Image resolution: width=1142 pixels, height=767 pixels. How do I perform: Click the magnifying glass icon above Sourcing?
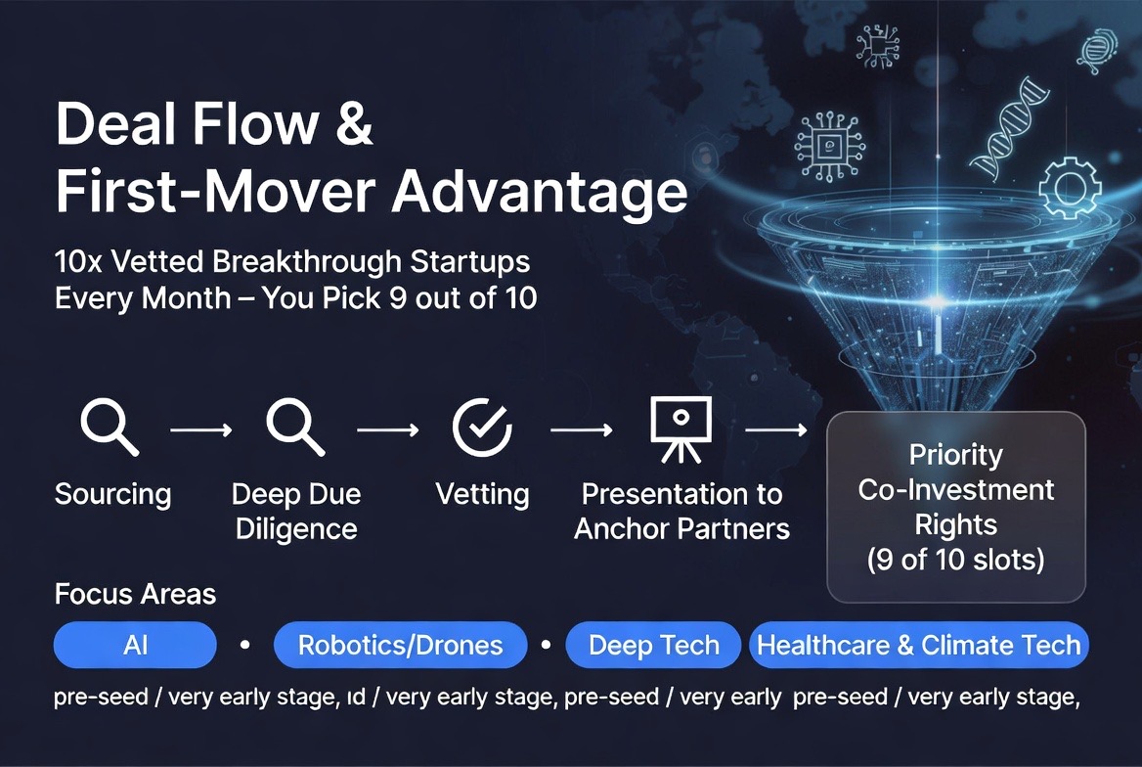pyautogui.click(x=110, y=427)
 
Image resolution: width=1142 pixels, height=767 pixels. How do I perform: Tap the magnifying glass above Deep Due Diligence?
pyautogui.click(x=295, y=427)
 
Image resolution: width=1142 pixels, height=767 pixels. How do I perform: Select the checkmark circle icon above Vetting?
pyautogui.click(x=483, y=428)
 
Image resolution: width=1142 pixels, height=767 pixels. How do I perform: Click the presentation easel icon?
pyautogui.click(x=681, y=429)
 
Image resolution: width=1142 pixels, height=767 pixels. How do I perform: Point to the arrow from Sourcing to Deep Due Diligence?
pyautogui.click(x=201, y=430)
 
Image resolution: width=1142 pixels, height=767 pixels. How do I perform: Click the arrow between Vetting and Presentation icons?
pyautogui.click(x=581, y=430)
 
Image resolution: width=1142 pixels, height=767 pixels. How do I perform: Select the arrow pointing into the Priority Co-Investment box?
pyautogui.click(x=776, y=430)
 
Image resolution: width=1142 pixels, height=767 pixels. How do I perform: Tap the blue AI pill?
pyautogui.click(x=136, y=646)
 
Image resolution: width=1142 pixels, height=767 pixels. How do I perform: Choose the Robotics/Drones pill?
pyautogui.click(x=401, y=646)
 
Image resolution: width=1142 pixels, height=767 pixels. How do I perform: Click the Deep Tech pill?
pyautogui.click(x=653, y=646)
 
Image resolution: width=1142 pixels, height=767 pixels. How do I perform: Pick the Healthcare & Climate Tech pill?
pyautogui.click(x=919, y=646)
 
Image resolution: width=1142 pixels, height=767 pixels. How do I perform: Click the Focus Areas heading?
pyautogui.click(x=136, y=594)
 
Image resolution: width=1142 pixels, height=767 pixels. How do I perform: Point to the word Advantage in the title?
pyautogui.click(x=540, y=193)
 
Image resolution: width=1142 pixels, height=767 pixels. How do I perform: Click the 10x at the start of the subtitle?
pyautogui.click(x=78, y=262)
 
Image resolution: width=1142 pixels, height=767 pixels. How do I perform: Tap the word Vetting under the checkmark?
pyautogui.click(x=482, y=494)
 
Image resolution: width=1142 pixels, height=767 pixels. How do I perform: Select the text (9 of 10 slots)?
pyautogui.click(x=955, y=560)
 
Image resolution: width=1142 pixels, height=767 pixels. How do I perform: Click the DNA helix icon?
pyautogui.click(x=1009, y=128)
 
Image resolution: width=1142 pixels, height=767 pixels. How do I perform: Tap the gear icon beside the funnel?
pyautogui.click(x=1070, y=188)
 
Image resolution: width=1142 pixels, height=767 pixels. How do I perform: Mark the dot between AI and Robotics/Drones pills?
pyautogui.click(x=245, y=645)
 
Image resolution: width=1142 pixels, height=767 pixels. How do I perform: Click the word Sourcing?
pyautogui.click(x=112, y=494)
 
